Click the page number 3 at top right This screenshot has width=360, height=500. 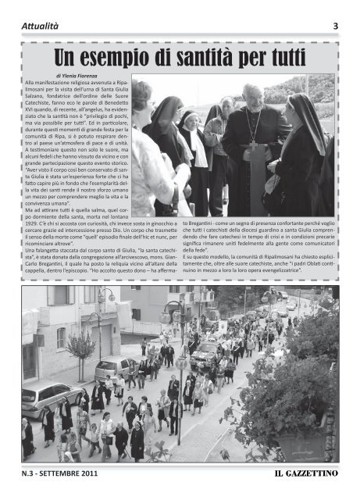pyautogui.click(x=335, y=26)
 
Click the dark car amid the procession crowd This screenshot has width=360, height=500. pyautogui.click(x=205, y=355)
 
